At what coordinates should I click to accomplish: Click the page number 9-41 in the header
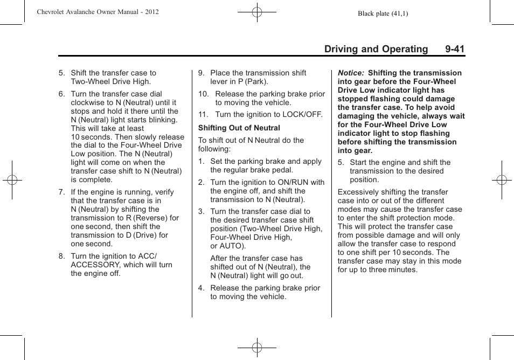(455, 49)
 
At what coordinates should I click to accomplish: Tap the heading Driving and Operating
(376, 49)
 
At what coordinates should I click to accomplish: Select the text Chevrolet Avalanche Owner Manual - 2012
(98, 12)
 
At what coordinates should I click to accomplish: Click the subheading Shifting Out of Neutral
(239, 128)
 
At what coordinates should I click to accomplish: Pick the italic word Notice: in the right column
(350, 73)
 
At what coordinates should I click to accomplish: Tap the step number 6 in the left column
(61, 94)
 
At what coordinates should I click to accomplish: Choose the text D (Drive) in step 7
(137, 235)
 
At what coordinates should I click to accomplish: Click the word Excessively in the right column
(359, 192)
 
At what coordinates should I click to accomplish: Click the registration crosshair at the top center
(257, 11)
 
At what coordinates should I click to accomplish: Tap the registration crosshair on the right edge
(501, 180)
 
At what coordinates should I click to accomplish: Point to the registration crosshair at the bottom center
(257, 348)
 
